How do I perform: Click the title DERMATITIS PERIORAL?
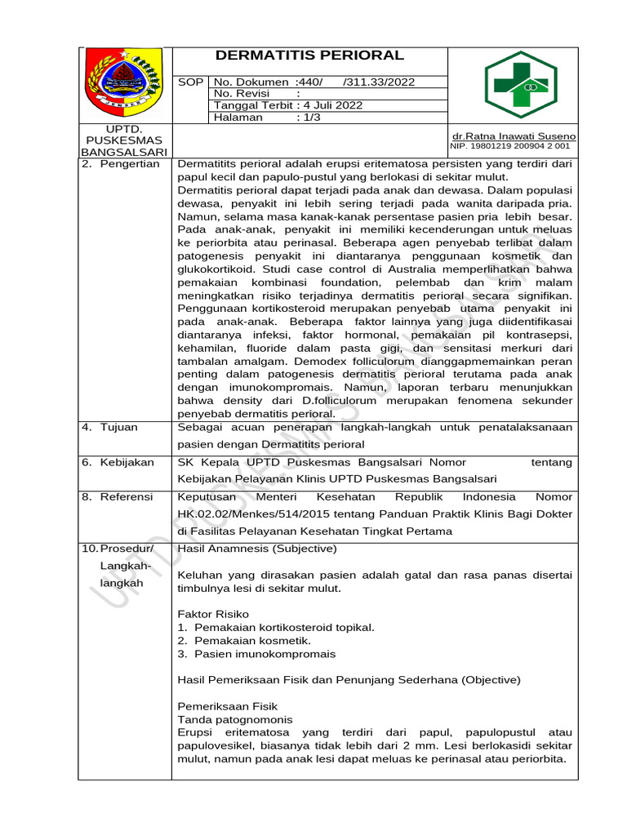pos(309,56)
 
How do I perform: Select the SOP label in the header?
pos(190,82)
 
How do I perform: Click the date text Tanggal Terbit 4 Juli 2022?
pos(288,105)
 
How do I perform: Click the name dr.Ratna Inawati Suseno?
pos(514,136)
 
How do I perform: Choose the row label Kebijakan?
pos(127,462)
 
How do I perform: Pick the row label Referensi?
pos(127,496)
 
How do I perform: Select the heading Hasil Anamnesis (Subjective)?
pos(256,549)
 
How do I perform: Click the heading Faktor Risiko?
pos(213,614)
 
